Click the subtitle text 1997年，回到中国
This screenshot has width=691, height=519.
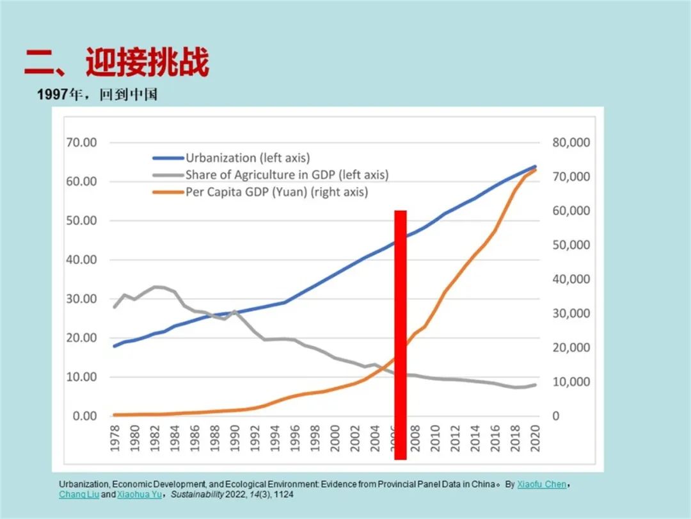click(97, 95)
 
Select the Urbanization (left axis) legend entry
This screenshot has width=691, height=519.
click(247, 158)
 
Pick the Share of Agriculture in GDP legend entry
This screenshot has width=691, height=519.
click(287, 174)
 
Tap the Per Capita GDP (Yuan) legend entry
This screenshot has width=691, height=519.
click(276, 192)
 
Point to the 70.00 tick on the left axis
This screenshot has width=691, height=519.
click(81, 142)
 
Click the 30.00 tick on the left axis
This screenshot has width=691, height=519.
click(81, 299)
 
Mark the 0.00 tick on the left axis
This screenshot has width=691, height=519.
click(84, 416)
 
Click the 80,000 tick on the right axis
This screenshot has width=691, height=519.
click(571, 142)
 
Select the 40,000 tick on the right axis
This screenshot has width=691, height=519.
click(571, 279)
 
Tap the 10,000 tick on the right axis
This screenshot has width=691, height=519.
click(571, 382)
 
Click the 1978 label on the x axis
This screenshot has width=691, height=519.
click(115, 438)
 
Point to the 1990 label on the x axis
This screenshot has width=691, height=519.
click(235, 438)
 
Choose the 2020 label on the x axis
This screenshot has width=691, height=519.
click(536, 438)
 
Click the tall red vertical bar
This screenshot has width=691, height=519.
click(401, 333)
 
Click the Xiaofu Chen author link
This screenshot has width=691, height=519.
click(541, 484)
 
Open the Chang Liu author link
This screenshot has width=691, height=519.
click(79, 495)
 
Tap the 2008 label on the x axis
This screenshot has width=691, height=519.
click(416, 438)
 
